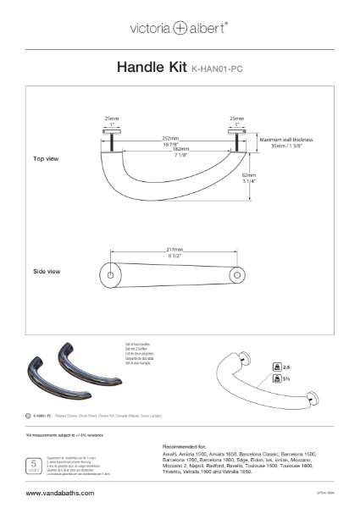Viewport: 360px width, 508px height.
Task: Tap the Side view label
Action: click(x=46, y=272)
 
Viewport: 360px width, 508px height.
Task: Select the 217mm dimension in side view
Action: click(x=175, y=251)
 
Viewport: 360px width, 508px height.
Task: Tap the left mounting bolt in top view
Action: click(x=112, y=141)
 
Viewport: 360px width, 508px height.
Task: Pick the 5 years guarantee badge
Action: click(x=33, y=466)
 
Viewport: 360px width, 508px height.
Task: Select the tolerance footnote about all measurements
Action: click(x=64, y=434)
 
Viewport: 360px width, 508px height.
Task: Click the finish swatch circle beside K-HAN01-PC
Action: click(x=28, y=417)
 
